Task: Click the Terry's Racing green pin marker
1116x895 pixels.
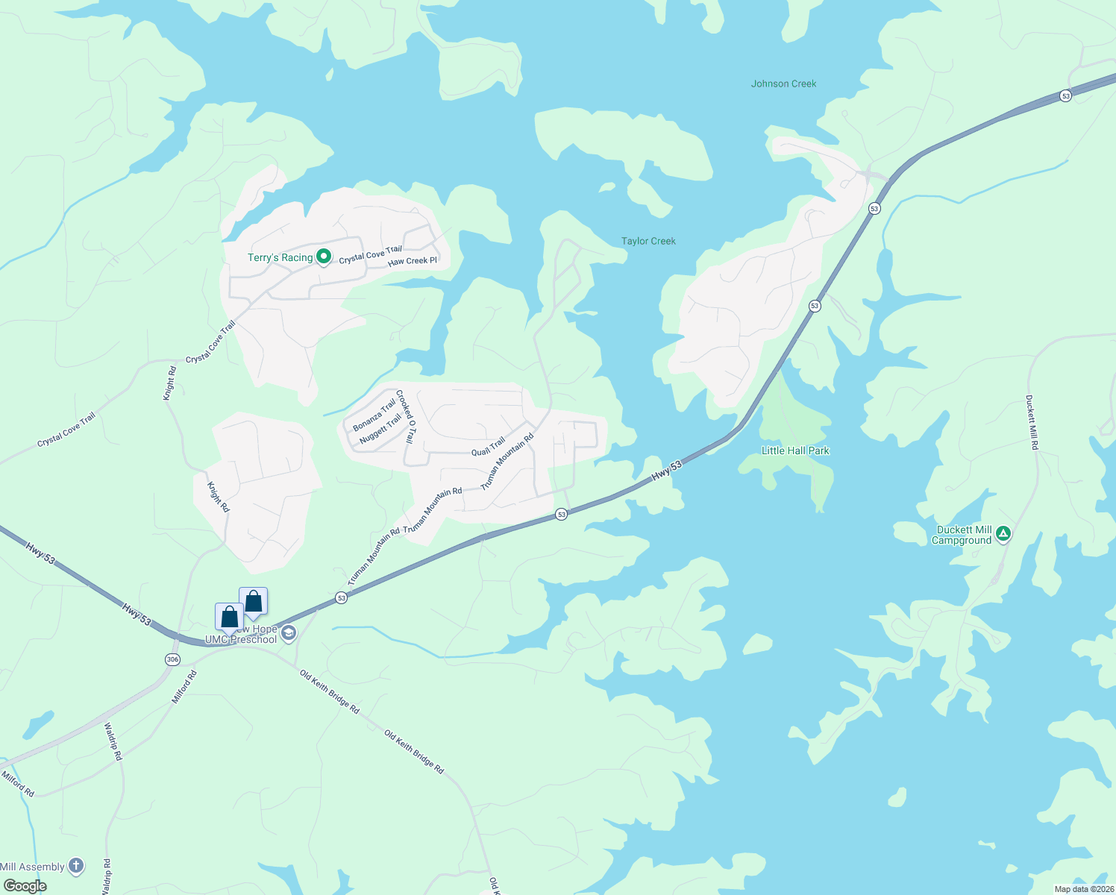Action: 324,257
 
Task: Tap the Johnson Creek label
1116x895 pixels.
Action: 783,84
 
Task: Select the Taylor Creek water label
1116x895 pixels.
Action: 648,241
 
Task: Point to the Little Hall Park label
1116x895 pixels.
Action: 795,450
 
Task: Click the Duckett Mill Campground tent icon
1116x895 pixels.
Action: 1004,533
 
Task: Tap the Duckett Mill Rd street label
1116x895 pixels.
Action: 1032,422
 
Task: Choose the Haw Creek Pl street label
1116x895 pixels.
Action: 413,261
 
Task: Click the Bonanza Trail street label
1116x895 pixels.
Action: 374,415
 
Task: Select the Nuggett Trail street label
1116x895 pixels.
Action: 380,430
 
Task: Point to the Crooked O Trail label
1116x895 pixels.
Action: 405,416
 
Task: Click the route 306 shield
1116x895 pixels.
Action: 173,659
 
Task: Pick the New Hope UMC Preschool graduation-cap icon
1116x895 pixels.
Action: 289,634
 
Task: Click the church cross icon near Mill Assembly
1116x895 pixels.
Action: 76,866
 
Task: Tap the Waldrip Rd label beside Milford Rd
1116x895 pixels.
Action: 113,741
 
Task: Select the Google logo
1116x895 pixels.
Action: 25,886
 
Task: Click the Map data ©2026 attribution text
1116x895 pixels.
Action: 1084,889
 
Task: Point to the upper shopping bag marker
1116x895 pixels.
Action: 254,601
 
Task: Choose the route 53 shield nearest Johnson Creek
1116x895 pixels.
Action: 1065,95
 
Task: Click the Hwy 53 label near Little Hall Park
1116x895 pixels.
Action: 667,471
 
